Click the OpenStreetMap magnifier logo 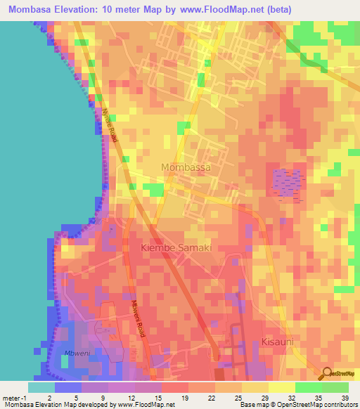pos(328,374)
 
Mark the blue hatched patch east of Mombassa pos(287,182)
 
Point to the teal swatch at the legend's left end pos(41,387)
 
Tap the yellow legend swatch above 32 pos(281,387)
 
